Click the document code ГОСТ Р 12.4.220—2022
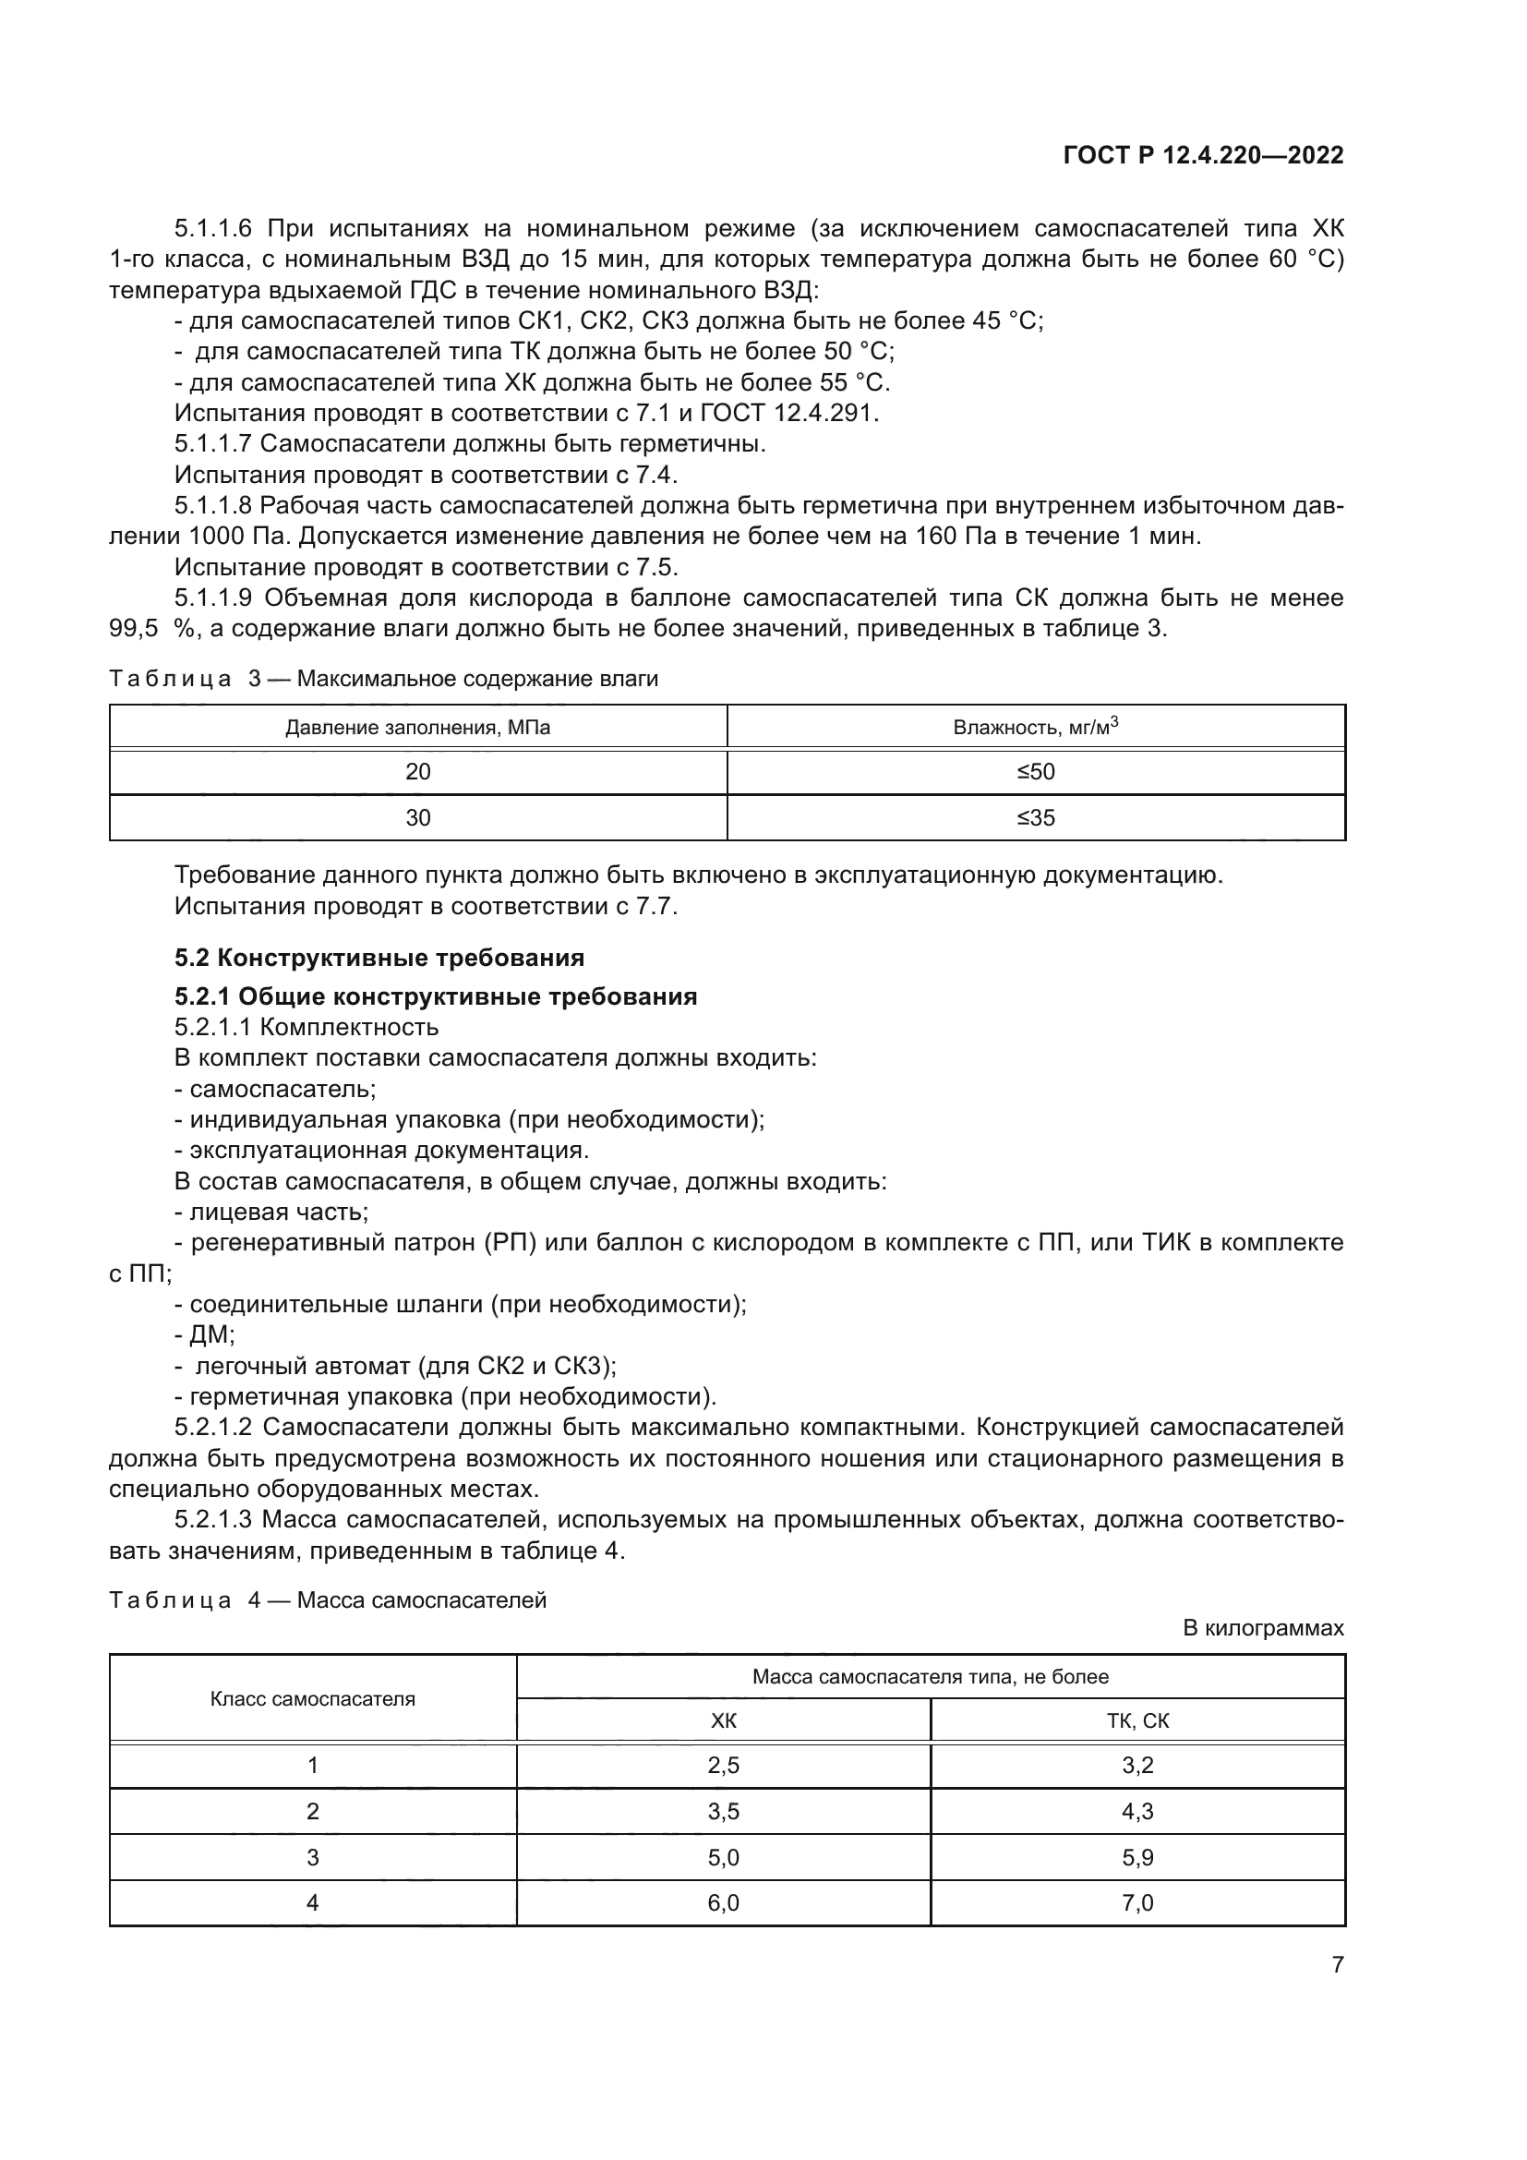[x=1203, y=155]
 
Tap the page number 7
[x=1337, y=1964]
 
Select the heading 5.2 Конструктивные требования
[x=379, y=958]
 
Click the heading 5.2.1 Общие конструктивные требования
[x=436, y=996]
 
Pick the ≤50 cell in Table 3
[x=1035, y=772]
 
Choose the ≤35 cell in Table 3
[x=1035, y=817]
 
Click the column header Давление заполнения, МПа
[x=417, y=727]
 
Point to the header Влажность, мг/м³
[x=1035, y=726]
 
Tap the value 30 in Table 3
[x=417, y=817]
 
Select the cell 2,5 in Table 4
[x=723, y=1765]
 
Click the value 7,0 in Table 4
[x=1136, y=1902]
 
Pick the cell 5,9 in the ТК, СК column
[x=1136, y=1857]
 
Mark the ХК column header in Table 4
[x=723, y=1720]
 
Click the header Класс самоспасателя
[x=312, y=1698]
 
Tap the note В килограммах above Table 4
[x=1263, y=1628]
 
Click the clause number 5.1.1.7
[x=213, y=443]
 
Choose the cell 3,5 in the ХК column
[x=723, y=1811]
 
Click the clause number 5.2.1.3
[x=213, y=1519]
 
